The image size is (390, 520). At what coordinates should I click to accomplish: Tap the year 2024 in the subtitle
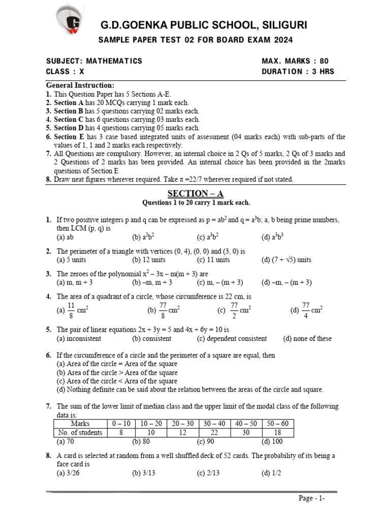[283, 40]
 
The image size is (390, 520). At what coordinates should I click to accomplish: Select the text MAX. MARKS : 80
[295, 61]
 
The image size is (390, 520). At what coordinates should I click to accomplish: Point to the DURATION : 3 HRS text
[298, 72]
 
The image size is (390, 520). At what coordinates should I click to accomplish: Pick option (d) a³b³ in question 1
[273, 237]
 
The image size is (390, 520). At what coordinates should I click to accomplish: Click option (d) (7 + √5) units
[286, 259]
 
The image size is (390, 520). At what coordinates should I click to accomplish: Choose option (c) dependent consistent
[232, 338]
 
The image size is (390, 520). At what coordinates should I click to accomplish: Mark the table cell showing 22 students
[214, 433]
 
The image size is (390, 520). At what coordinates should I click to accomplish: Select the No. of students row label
[80, 433]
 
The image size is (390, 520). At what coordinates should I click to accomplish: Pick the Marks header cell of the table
[80, 424]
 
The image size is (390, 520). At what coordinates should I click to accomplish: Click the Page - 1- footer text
[311, 498]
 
